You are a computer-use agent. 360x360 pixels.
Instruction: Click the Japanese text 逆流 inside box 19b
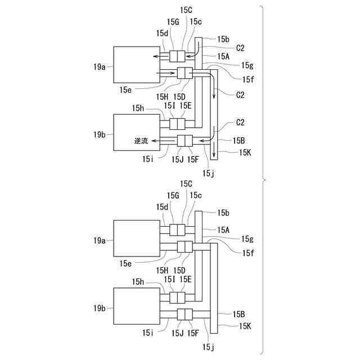(x=141, y=141)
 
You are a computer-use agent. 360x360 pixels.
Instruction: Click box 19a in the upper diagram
(x=137, y=65)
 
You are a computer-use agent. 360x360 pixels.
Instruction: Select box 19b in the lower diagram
(x=137, y=306)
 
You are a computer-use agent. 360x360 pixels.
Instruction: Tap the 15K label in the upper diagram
(x=245, y=152)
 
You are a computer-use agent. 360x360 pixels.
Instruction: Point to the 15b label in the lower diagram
(x=223, y=213)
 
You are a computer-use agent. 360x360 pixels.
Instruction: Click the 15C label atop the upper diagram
(x=186, y=10)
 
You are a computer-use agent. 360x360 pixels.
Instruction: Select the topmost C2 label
(x=240, y=48)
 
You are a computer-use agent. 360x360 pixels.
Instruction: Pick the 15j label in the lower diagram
(x=209, y=348)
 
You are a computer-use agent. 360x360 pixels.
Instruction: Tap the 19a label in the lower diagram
(x=100, y=241)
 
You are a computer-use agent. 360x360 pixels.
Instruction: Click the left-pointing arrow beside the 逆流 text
(x=155, y=141)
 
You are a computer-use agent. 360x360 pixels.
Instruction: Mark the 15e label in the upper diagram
(x=125, y=90)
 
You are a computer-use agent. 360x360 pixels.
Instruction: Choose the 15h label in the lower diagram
(x=138, y=282)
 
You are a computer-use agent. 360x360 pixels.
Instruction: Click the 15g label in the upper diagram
(x=247, y=66)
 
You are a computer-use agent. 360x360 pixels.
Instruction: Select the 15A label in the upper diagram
(x=223, y=56)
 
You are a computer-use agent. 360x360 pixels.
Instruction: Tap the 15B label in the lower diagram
(x=238, y=314)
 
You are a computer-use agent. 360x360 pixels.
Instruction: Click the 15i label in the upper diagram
(x=147, y=159)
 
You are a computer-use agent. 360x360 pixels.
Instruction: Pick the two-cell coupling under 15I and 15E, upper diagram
(x=177, y=124)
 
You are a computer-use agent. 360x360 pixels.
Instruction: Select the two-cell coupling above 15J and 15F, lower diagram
(x=185, y=314)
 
